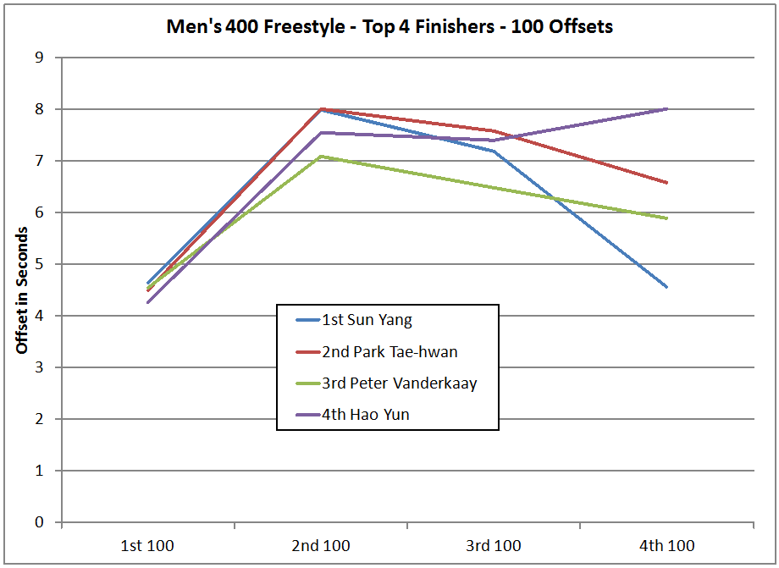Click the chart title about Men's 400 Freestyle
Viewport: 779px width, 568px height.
(x=389, y=26)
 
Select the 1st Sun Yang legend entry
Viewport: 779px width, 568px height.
(x=367, y=320)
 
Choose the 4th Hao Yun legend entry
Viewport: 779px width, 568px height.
(x=365, y=415)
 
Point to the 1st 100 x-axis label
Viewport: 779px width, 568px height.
(x=148, y=545)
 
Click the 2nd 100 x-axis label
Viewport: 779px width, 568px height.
(x=321, y=545)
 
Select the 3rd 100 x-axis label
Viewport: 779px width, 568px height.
(x=494, y=545)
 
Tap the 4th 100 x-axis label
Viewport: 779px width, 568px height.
(x=667, y=545)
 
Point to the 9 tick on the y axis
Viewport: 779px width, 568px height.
(x=39, y=58)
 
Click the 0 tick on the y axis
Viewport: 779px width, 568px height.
(x=39, y=522)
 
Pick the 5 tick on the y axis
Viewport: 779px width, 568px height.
(x=39, y=264)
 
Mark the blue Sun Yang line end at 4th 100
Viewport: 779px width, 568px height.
(x=667, y=287)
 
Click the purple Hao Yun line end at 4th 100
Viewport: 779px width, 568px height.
(x=667, y=108)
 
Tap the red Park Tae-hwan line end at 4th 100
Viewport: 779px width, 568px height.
(x=667, y=183)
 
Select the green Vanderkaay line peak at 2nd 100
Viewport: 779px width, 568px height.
(x=322, y=156)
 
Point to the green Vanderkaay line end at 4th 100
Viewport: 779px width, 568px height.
(x=667, y=218)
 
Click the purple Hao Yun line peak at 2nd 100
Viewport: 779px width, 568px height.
(x=322, y=132)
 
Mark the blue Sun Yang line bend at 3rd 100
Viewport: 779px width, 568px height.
(x=494, y=152)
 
